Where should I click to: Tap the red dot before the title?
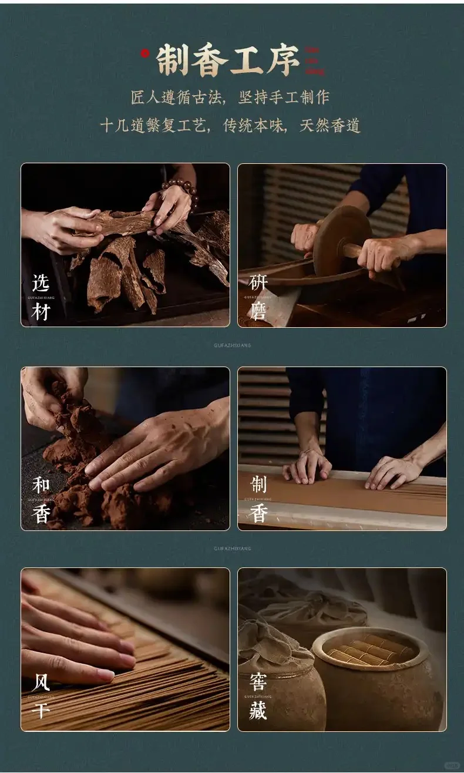(145, 54)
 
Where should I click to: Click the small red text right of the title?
(315, 61)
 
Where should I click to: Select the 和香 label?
(41, 500)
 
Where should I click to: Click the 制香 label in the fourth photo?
(258, 500)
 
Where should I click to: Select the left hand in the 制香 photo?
(307, 467)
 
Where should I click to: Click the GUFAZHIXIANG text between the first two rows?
(232, 346)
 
